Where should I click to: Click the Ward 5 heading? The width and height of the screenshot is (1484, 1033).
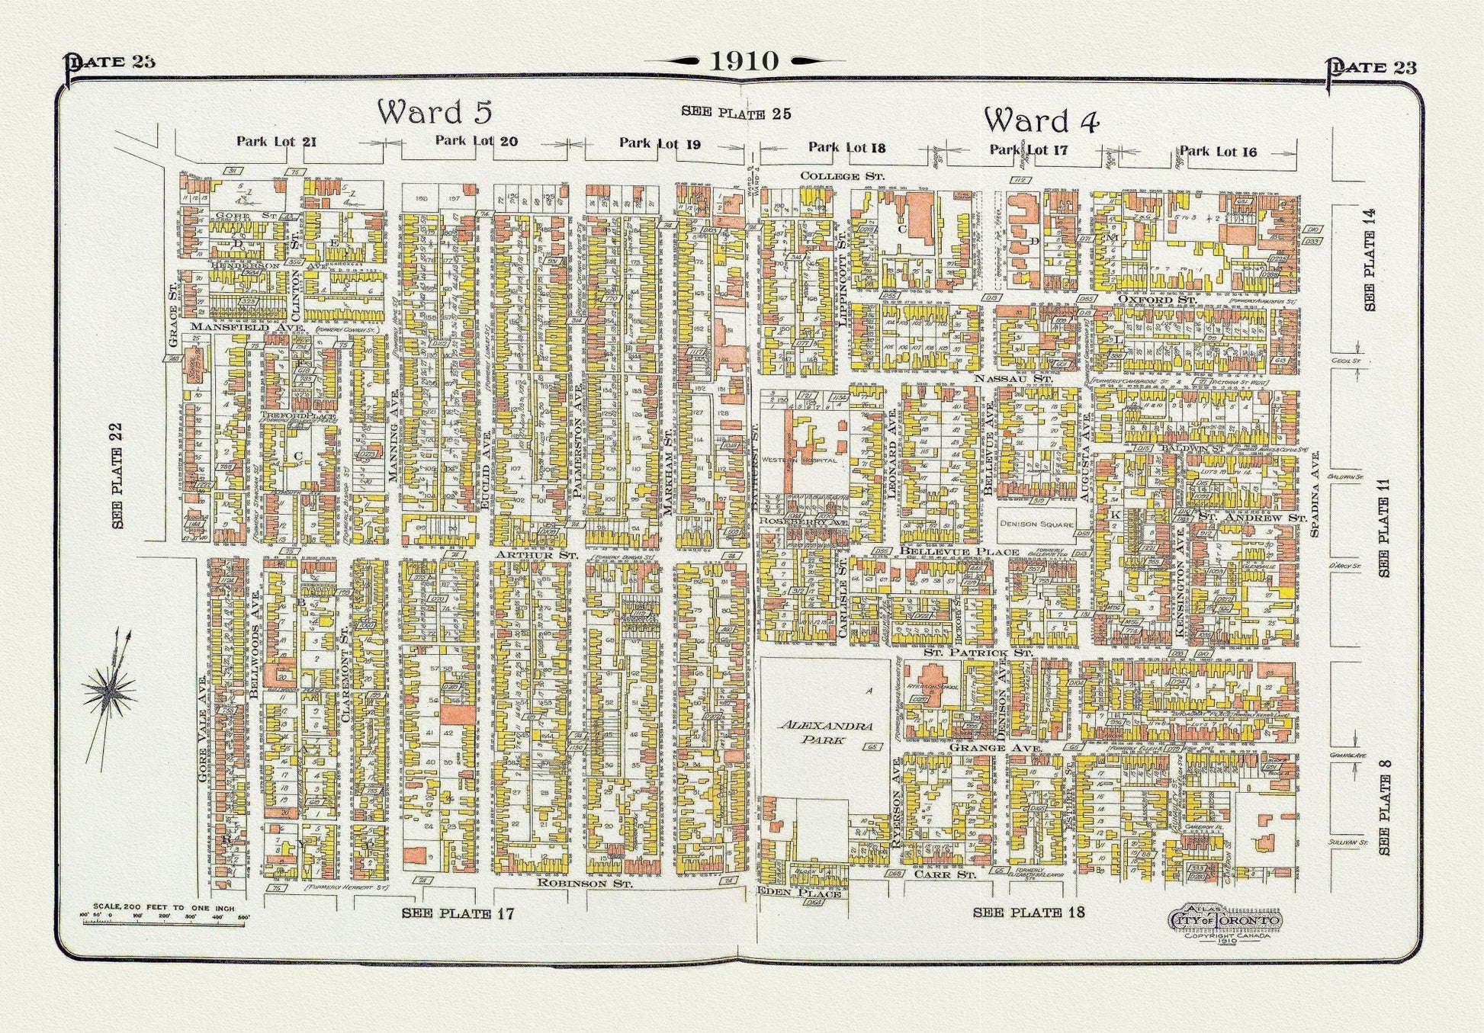435,112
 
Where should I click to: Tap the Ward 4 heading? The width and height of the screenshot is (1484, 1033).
1041,120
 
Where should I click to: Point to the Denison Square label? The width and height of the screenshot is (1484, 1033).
1036,525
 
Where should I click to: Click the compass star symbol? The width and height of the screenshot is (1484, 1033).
110,690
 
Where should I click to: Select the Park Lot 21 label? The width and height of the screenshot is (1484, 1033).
276,141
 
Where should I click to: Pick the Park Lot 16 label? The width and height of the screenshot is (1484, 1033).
1218,152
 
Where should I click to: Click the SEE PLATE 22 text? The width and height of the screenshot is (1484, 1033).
117,476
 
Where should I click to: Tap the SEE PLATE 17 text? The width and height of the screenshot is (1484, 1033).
458,913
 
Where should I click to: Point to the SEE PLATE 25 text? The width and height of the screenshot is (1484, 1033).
735,114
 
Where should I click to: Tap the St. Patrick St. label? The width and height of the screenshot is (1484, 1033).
978,653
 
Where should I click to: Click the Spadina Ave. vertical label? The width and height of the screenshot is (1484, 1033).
1315,493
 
